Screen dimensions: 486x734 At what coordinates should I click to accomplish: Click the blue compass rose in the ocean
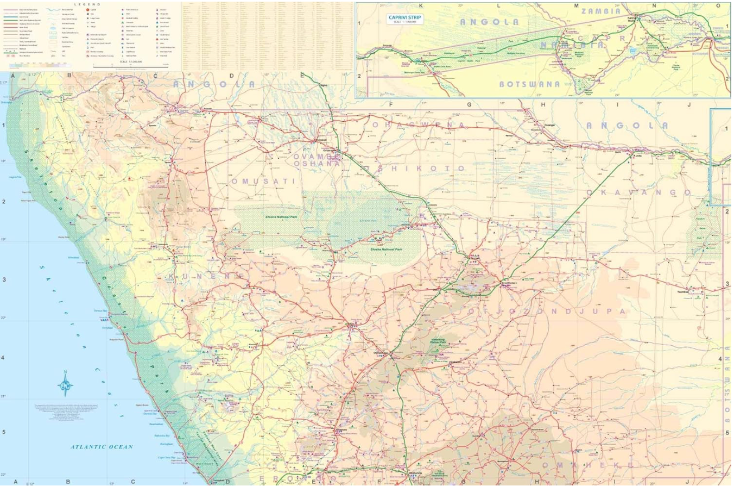pos(66,384)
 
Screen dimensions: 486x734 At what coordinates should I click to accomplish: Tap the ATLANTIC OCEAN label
pos(102,447)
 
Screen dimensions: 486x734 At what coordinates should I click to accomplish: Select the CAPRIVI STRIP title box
pos(405,19)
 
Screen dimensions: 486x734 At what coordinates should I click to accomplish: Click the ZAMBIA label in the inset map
pos(600,11)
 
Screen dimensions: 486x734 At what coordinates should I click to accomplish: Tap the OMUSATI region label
pos(263,181)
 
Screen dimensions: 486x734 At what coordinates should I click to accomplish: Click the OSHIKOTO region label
pos(415,169)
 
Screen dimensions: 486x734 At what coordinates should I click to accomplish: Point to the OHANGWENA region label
pos(419,125)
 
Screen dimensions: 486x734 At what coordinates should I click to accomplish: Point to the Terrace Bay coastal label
pos(101,311)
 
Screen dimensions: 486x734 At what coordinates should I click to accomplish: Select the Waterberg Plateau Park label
pos(438,342)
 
